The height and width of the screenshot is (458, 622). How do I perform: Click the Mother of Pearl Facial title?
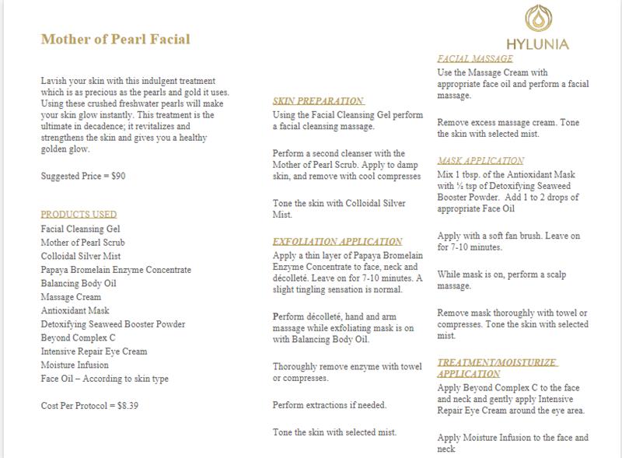click(115, 39)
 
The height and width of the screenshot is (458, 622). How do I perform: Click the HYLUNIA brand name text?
click(537, 44)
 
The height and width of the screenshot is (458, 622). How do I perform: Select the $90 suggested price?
click(117, 177)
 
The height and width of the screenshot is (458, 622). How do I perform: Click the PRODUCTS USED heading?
click(79, 215)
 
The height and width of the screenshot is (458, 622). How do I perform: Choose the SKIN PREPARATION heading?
click(318, 101)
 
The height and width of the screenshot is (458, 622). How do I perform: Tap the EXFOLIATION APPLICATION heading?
click(337, 242)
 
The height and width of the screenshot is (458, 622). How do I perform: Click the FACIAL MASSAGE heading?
click(475, 59)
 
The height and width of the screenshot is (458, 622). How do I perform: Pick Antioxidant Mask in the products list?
click(75, 310)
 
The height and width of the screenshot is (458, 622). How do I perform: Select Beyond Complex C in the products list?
click(79, 338)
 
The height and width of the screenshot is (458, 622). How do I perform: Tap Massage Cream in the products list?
click(71, 297)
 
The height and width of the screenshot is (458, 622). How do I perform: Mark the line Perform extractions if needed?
click(330, 405)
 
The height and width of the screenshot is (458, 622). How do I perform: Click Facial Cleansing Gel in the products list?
click(80, 229)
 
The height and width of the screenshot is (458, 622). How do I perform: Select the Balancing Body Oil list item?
click(79, 284)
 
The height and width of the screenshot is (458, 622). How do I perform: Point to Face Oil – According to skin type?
click(104, 379)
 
